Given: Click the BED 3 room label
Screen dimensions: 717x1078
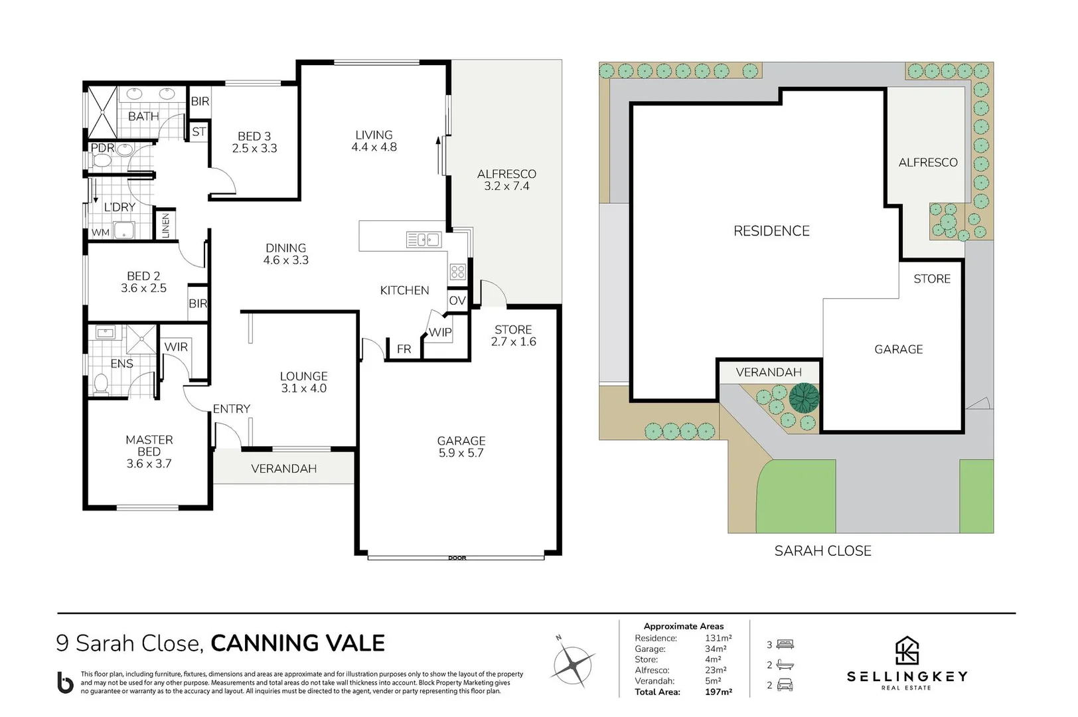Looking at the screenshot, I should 254,142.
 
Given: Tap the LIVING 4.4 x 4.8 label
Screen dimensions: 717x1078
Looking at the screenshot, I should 374,141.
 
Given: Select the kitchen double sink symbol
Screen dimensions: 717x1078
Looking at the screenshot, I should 424,239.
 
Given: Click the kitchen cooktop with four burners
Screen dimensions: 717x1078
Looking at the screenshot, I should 458,271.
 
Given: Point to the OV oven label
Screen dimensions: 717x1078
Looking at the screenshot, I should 457,301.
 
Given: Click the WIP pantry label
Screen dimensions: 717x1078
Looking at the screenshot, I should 439,332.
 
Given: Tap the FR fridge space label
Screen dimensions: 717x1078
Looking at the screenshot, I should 404,349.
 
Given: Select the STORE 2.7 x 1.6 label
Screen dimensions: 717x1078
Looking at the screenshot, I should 513,335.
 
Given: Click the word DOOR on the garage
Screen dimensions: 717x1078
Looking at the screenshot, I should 457,558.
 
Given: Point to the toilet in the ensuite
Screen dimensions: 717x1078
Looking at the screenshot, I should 101,384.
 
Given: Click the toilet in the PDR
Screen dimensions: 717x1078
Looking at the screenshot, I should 102,161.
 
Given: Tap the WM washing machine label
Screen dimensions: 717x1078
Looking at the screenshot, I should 100,232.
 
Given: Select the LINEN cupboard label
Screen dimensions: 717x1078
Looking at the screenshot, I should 165,225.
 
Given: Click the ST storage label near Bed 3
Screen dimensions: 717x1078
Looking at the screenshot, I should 198,131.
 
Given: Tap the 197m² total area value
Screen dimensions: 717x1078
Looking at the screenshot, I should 718,692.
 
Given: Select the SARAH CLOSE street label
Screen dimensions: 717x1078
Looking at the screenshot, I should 822,550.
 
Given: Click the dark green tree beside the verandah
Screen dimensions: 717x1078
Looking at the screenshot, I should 804,398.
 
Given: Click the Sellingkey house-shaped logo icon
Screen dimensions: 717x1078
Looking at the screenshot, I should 907,651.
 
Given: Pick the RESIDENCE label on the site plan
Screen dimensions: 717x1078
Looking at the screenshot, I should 771,231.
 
